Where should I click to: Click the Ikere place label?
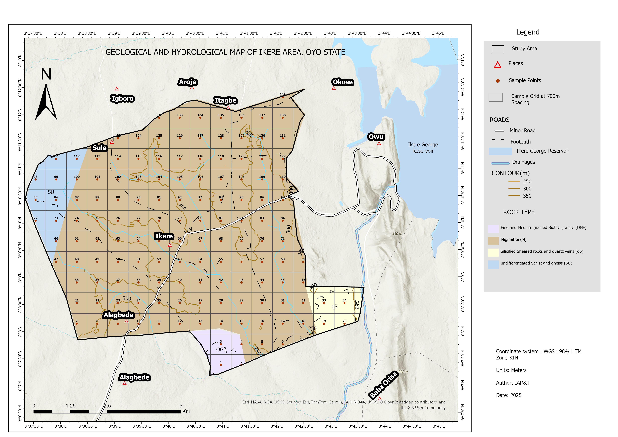pos(164,236)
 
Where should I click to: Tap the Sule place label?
pos(100,148)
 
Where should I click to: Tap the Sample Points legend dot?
pos(498,81)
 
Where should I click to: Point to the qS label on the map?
pos(334,306)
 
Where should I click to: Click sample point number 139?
pos(283,97)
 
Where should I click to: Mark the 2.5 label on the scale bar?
pos(107,405)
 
